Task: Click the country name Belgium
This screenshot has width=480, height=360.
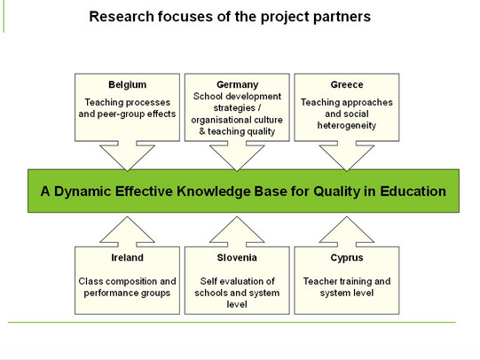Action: coord(128,85)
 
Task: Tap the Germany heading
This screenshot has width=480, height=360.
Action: coord(237,85)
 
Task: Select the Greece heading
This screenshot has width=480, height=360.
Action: coord(347,84)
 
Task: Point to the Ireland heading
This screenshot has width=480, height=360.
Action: coord(128,257)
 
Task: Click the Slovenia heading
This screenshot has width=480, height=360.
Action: coord(237,257)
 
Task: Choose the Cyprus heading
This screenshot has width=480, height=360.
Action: coord(347,258)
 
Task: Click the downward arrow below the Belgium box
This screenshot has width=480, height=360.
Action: coord(128,156)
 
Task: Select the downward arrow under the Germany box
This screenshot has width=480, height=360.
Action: coord(237,156)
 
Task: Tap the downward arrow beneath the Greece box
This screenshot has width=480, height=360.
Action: coord(347,156)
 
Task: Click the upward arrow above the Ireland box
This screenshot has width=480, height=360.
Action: coord(128,231)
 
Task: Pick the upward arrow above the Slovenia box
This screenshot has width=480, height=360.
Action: coord(237,231)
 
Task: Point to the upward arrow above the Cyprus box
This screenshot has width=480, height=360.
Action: coord(347,231)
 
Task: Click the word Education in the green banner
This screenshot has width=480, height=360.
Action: coord(413,192)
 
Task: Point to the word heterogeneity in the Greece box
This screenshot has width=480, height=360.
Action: coord(347,126)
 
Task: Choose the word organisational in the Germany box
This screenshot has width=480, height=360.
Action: coord(219,121)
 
